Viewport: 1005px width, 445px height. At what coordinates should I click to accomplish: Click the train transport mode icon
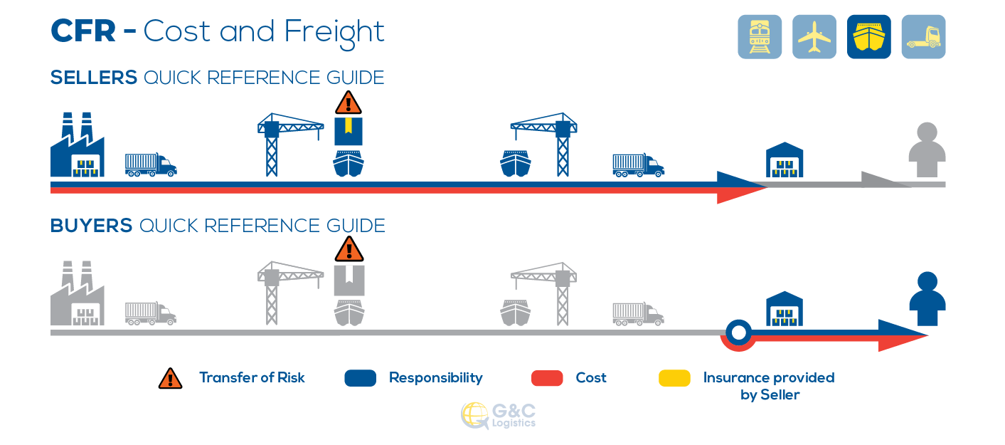pyautogui.click(x=760, y=36)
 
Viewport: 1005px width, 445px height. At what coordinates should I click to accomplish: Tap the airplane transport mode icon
pyautogui.click(x=814, y=36)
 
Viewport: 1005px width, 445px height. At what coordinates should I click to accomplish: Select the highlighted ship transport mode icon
pyautogui.click(x=868, y=36)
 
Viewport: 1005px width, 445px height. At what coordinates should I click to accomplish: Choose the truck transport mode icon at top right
pyautogui.click(x=923, y=36)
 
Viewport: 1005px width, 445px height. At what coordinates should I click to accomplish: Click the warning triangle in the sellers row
pyautogui.click(x=349, y=103)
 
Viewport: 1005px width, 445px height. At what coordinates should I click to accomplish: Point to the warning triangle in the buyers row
pyautogui.click(x=349, y=251)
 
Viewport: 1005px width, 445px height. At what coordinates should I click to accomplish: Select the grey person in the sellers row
pyautogui.click(x=927, y=150)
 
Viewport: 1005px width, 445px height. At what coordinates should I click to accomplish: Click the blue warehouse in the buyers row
pyautogui.click(x=784, y=308)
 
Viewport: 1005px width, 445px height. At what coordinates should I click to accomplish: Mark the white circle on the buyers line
pyautogui.click(x=738, y=332)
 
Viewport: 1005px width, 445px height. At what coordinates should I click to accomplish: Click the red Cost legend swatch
pyautogui.click(x=548, y=378)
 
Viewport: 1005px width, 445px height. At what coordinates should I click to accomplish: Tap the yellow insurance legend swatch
pyautogui.click(x=674, y=378)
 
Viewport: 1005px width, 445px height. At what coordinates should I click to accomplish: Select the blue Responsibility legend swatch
pyautogui.click(x=360, y=378)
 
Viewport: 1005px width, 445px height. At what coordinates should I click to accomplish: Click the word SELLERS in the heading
pyautogui.click(x=93, y=78)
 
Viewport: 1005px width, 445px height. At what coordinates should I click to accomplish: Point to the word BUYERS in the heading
pyautogui.click(x=91, y=226)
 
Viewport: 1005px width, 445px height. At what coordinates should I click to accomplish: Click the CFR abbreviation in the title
pyautogui.click(x=84, y=31)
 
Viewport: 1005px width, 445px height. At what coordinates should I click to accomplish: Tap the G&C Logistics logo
pyautogui.click(x=498, y=416)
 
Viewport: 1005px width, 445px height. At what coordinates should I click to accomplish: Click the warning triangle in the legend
pyautogui.click(x=171, y=378)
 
